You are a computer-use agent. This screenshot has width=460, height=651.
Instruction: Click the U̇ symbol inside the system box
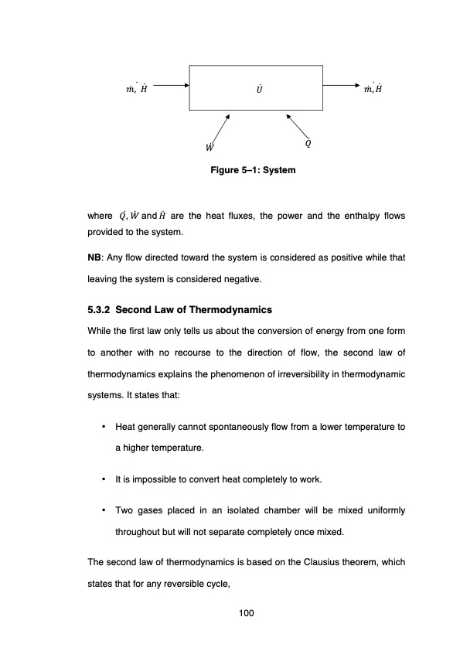[257, 88]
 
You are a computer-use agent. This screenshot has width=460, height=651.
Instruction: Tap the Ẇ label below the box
[210, 146]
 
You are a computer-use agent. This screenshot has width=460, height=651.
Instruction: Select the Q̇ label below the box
[308, 143]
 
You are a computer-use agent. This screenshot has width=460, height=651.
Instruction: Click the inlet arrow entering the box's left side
[171, 87]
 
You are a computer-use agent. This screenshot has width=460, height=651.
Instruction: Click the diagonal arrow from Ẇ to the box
[220, 127]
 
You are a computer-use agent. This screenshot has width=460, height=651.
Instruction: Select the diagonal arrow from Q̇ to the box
[297, 126]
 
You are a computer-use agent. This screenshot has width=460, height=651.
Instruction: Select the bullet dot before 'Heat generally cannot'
[103, 427]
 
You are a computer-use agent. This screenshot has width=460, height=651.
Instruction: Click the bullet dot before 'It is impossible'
[103, 479]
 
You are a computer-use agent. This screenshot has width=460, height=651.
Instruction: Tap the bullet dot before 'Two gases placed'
[103, 511]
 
